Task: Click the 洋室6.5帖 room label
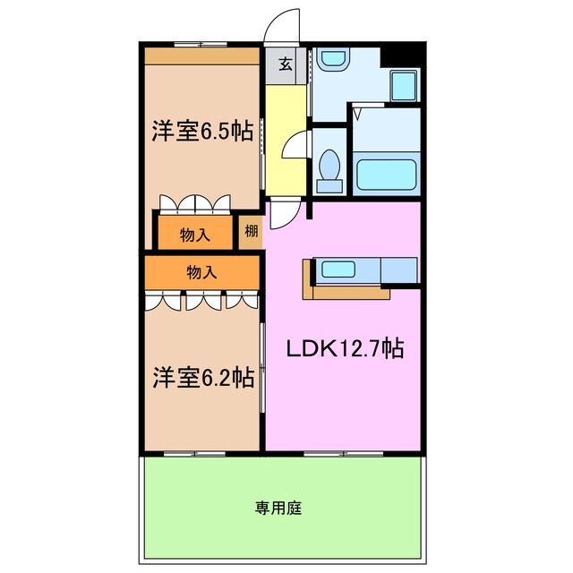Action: point(201,130)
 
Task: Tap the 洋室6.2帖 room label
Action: point(201,378)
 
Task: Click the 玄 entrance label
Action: point(284,64)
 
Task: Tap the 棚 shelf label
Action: point(251,232)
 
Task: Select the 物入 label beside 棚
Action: point(194,235)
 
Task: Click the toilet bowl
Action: point(329,169)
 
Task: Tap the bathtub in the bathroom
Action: point(386,174)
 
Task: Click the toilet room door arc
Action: point(298,143)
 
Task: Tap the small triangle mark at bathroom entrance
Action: point(357,115)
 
